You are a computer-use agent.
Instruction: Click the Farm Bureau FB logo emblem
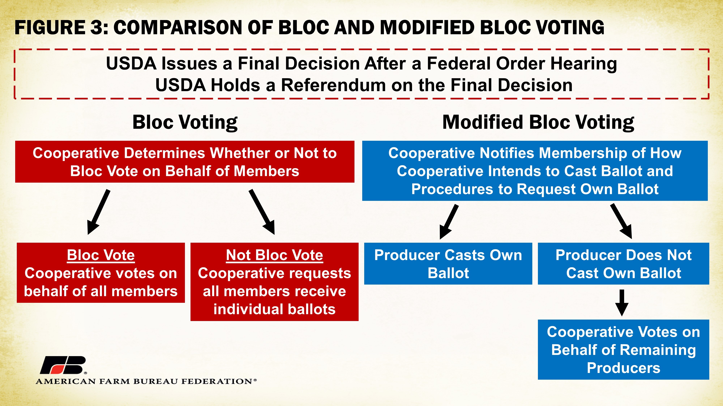pos(63,365)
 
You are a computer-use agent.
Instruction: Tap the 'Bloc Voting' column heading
pos(185,123)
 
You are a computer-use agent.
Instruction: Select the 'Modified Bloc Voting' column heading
pos(538,123)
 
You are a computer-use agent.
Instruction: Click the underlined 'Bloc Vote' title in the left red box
pos(101,255)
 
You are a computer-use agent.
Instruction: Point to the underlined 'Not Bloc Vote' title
pos(275,255)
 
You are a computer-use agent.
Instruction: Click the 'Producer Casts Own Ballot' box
pos(448,264)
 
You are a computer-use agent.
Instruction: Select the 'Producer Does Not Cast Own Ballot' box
pos(623,264)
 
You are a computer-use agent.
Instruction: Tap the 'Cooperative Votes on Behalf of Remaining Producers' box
pos(623,350)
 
